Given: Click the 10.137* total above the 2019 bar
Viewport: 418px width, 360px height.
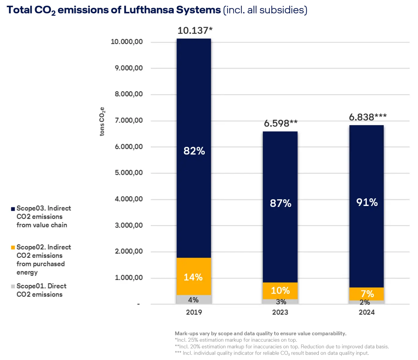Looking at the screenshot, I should (x=195, y=31).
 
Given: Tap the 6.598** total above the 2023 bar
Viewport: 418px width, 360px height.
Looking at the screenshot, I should (x=280, y=123).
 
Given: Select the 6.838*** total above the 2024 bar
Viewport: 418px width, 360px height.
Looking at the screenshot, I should (x=368, y=117).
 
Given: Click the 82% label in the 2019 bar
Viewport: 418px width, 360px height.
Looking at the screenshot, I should (x=194, y=151).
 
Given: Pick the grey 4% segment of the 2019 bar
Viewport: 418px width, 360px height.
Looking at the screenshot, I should (x=193, y=300).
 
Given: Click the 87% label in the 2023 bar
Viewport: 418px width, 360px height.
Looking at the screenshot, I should (x=280, y=203).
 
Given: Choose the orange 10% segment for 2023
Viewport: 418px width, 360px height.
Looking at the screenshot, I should (x=280, y=291).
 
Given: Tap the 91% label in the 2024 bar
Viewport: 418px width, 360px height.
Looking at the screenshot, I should (x=367, y=202).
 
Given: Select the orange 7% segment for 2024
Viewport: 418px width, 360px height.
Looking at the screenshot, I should (x=367, y=294).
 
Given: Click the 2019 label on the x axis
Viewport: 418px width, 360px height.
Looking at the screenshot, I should (x=194, y=312).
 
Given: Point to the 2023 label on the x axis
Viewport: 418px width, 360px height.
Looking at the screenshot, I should (x=280, y=312).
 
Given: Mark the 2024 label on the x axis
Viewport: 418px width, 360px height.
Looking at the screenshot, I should (x=367, y=312).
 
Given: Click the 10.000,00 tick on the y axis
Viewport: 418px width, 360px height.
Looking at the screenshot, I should (x=127, y=42).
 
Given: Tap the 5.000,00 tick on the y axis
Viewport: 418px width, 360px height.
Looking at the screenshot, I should (x=129, y=173).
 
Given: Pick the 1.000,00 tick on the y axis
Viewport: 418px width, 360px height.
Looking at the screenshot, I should (x=129, y=277).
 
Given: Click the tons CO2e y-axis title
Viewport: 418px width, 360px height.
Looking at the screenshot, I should (x=102, y=121).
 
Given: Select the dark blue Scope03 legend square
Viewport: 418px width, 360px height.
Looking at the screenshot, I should (x=13, y=209).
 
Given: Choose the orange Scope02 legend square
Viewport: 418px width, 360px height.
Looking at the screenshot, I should (x=13, y=248).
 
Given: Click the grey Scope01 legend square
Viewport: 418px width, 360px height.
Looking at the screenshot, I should (x=13, y=287).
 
